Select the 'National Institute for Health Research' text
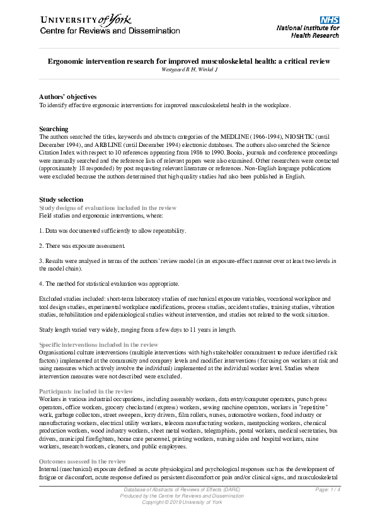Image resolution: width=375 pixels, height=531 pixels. coord(308,32)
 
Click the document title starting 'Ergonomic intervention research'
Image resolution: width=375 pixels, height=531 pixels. coord(189,62)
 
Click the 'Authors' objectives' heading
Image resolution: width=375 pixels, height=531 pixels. coord(68,96)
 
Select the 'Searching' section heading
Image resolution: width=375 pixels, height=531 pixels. coord(54,129)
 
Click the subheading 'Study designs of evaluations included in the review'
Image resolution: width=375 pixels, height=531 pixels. coord(108,207)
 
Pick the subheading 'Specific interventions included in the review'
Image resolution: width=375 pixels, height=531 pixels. coord(98,345)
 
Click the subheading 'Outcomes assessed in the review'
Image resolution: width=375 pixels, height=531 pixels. coord(83,462)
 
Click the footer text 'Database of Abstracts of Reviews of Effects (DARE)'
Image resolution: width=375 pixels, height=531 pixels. coord(182,490)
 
